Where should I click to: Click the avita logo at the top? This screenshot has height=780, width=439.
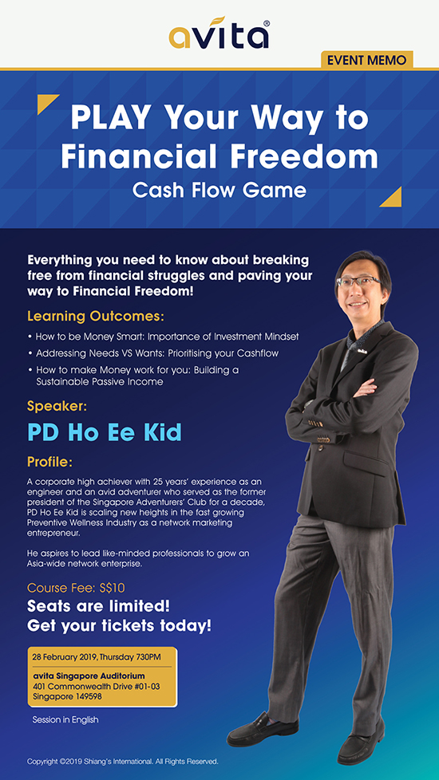click(x=219, y=33)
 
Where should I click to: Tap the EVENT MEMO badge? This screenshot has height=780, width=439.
click(x=367, y=61)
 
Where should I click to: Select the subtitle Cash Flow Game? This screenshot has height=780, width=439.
click(x=219, y=190)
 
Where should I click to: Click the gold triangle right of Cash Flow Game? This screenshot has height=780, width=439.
click(x=393, y=199)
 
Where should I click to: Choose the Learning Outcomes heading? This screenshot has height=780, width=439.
click(x=96, y=317)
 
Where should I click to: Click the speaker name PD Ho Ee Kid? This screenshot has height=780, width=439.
click(x=105, y=432)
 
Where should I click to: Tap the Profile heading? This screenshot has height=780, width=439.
click(x=50, y=462)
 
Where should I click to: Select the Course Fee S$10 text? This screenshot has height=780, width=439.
click(x=76, y=588)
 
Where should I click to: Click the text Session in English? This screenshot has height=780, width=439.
click(x=65, y=720)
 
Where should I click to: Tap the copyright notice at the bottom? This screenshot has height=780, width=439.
click(x=123, y=762)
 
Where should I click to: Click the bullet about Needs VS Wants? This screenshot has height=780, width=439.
click(x=152, y=353)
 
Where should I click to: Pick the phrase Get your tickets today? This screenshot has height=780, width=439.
click(x=119, y=625)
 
